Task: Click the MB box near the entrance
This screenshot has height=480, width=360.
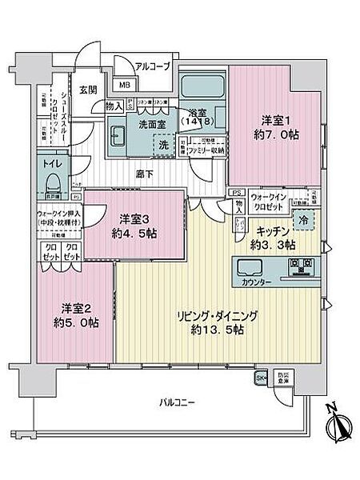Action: click(125, 86)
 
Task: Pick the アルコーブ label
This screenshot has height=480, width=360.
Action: click(151, 67)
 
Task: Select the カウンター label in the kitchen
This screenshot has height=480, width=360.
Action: click(255, 282)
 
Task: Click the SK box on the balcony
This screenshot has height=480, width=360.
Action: click(261, 378)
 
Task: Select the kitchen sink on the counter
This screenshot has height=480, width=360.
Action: click(248, 266)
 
